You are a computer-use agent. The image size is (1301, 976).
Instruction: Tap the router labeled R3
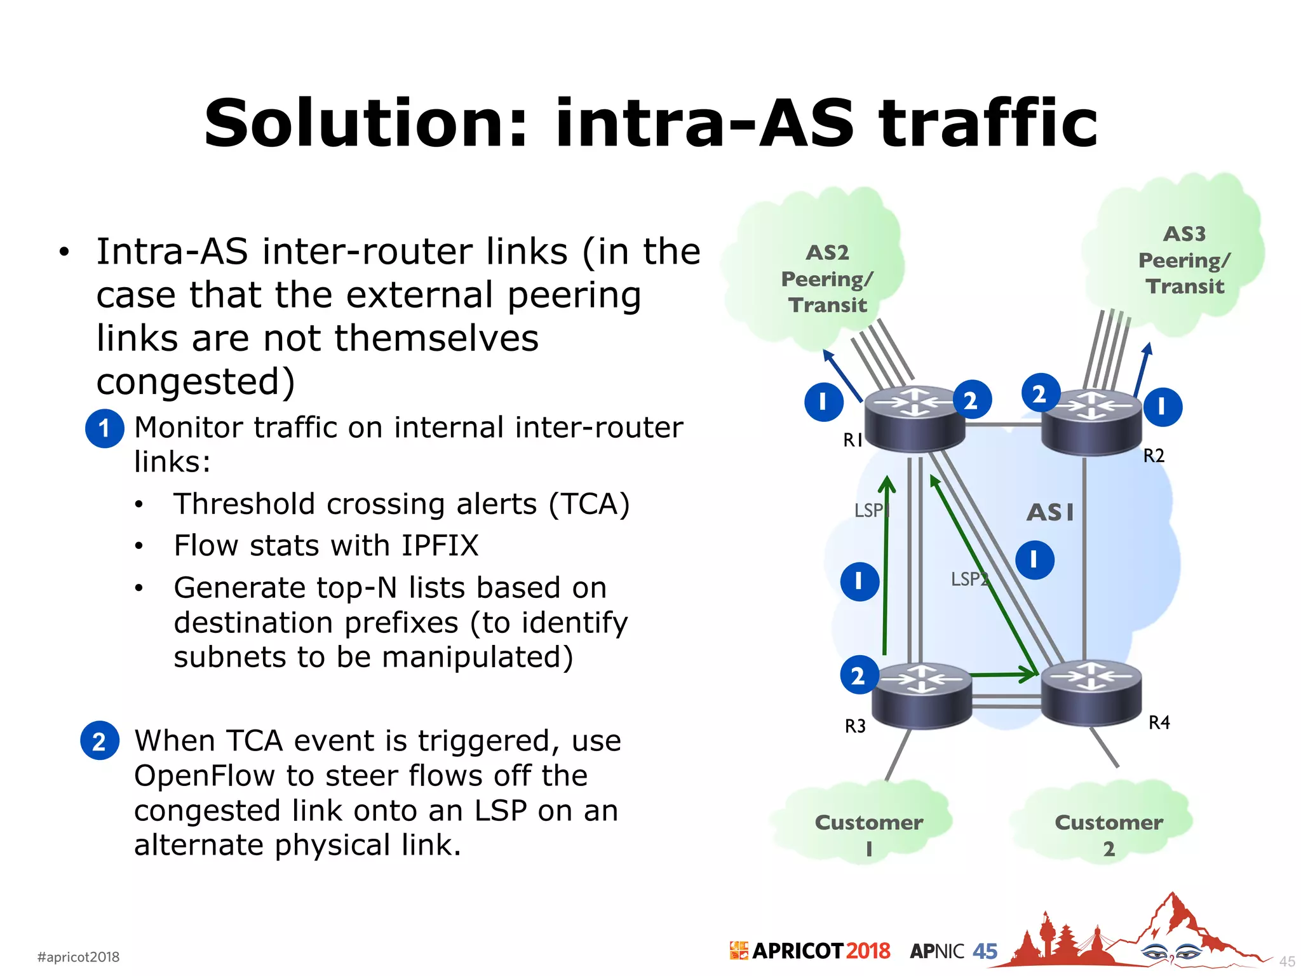[x=922, y=695]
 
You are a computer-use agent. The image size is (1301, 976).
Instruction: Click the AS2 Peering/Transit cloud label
[x=827, y=279]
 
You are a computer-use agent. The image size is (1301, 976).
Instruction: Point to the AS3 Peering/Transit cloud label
[x=1184, y=260]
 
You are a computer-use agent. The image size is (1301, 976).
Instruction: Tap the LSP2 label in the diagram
[x=969, y=579]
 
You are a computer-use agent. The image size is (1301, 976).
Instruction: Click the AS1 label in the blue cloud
[x=1051, y=512]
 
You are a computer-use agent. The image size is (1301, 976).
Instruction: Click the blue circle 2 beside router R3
[x=859, y=675]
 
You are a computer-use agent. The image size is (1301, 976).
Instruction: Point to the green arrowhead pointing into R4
[x=1029, y=674]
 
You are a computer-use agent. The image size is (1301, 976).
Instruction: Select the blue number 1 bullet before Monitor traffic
[x=104, y=429]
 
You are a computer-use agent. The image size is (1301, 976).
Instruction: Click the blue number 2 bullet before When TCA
[x=100, y=741]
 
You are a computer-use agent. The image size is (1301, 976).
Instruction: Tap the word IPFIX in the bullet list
[x=439, y=546]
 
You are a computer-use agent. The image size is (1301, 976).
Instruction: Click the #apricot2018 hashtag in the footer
[x=78, y=957]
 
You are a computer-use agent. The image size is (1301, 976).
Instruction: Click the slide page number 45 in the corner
[x=1286, y=961]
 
